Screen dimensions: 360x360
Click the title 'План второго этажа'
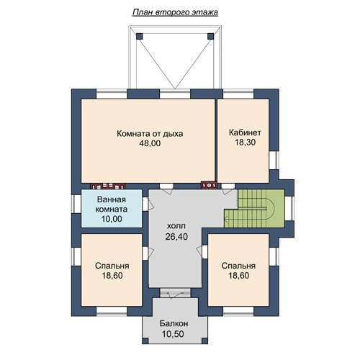click(175, 12)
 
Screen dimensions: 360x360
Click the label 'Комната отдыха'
click(150, 133)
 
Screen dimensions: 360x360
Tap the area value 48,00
click(150, 143)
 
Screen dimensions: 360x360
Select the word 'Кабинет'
click(245, 132)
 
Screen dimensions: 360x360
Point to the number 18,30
click(245, 143)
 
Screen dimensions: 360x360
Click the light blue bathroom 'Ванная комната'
click(112, 208)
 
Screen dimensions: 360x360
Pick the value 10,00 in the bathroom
click(112, 219)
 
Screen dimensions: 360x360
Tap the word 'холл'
click(176, 226)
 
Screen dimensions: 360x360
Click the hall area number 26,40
click(176, 237)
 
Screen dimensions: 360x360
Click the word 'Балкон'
click(174, 323)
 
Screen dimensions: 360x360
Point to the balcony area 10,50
click(173, 334)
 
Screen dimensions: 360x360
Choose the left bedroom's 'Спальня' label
click(112, 266)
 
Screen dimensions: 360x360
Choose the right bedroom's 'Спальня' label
click(238, 266)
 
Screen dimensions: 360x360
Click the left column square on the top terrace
click(140, 36)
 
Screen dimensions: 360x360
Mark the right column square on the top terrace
click(210, 36)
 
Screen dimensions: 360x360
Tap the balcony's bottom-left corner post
click(145, 341)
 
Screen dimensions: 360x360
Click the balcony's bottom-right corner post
click(204, 341)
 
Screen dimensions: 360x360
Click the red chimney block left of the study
click(209, 185)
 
